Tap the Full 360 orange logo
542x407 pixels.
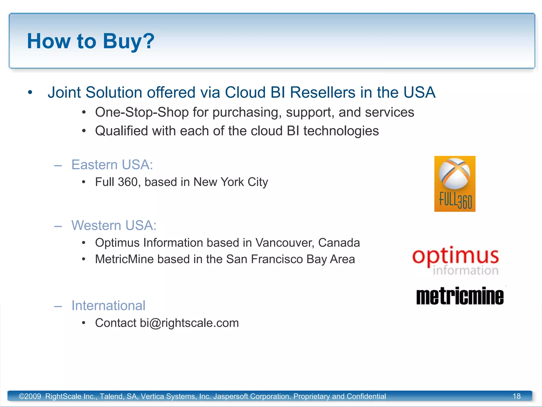[455, 184]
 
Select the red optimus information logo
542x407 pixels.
[455, 260]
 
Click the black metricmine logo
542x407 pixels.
[460, 296]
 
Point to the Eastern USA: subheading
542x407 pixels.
[112, 165]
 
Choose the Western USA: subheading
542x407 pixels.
[114, 225]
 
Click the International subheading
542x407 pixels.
[109, 306]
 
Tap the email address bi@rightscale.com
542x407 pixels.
[189, 323]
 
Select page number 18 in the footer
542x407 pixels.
[517, 396]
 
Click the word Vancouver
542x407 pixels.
[285, 243]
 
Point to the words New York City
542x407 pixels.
[231, 182]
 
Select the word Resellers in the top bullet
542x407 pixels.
[323, 92]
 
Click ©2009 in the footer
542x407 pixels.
[30, 396]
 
